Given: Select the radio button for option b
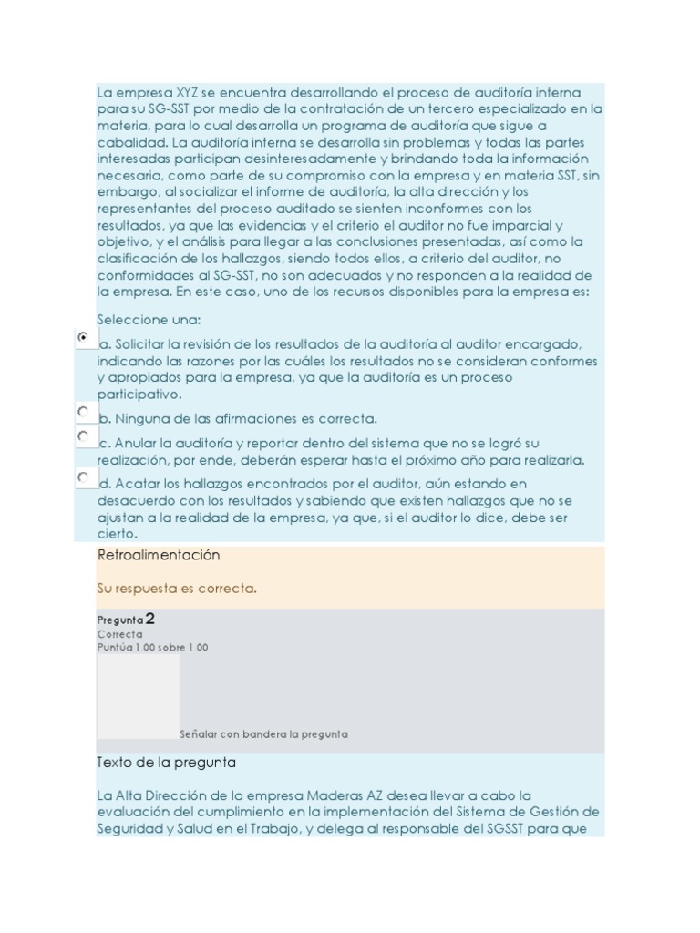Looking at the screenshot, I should (x=84, y=412).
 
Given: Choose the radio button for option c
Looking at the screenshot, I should (x=84, y=436).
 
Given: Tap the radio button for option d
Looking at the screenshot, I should (x=84, y=477).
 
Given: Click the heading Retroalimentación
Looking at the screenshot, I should (x=158, y=555).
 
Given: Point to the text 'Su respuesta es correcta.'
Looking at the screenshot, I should (x=177, y=589).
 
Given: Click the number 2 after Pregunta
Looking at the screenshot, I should (x=149, y=619).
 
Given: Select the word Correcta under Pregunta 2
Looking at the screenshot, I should (x=120, y=634).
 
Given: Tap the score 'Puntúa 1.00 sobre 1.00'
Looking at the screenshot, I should (x=152, y=648).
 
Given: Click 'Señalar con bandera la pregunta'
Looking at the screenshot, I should (x=263, y=733).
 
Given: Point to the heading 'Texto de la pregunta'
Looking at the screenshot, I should (x=166, y=762).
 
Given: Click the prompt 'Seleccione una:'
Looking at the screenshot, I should (x=149, y=320).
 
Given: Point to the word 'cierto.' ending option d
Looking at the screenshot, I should (x=117, y=534).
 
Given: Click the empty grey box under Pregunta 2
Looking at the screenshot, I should (x=138, y=697).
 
